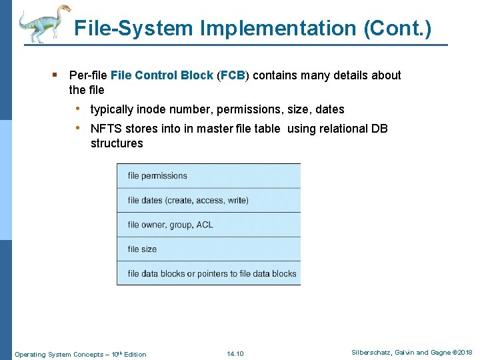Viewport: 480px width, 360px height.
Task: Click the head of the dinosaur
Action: tap(64, 9)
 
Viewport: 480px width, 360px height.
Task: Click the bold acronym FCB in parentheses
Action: tap(233, 75)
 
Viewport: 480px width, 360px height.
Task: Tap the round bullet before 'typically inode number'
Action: tap(79, 109)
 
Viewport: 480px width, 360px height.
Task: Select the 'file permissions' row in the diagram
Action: tap(209, 176)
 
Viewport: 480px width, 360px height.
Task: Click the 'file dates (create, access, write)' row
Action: tap(209, 200)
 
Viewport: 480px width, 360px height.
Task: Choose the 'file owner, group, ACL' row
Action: tap(209, 225)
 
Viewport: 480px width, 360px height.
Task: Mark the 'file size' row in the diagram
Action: tap(209, 249)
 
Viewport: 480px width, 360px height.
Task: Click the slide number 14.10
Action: tap(235, 353)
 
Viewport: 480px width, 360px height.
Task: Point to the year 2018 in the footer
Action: tap(464, 353)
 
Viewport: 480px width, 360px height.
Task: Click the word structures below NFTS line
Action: tap(117, 143)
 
